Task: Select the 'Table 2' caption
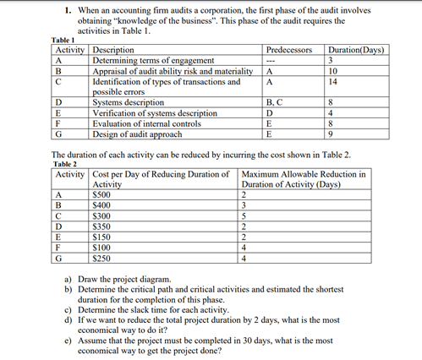click(66, 165)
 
